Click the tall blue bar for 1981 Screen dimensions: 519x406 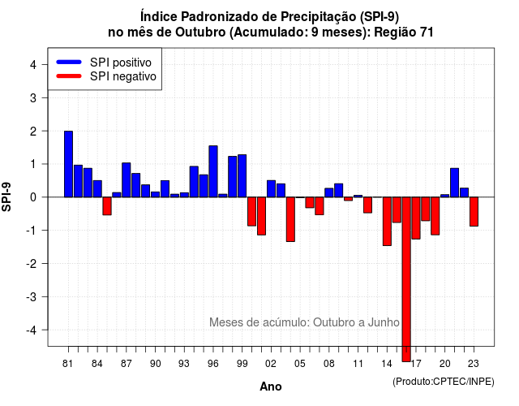click(x=68, y=164)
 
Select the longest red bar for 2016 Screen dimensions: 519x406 click(x=406, y=279)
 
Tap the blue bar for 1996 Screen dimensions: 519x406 click(x=213, y=171)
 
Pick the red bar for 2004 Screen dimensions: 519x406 click(x=290, y=219)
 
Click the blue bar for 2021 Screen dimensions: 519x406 click(x=454, y=183)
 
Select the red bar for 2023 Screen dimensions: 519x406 click(x=474, y=211)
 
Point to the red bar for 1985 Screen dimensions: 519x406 click(x=107, y=205)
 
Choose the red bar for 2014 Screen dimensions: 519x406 click(x=387, y=221)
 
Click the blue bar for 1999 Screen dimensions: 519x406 click(x=242, y=175)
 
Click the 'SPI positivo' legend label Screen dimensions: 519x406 click(x=121, y=63)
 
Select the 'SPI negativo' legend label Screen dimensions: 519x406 click(x=122, y=76)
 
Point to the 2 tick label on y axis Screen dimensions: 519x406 click(x=33, y=132)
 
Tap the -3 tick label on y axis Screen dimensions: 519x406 click(x=31, y=296)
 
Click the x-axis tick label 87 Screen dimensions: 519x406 click(x=127, y=364)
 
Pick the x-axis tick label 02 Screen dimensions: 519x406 click(x=271, y=364)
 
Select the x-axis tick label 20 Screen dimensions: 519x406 click(x=444, y=364)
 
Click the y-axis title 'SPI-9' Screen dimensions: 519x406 click(x=6, y=197)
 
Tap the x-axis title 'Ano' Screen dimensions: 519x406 click(x=270, y=387)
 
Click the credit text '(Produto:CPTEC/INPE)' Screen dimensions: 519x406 click(x=444, y=382)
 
